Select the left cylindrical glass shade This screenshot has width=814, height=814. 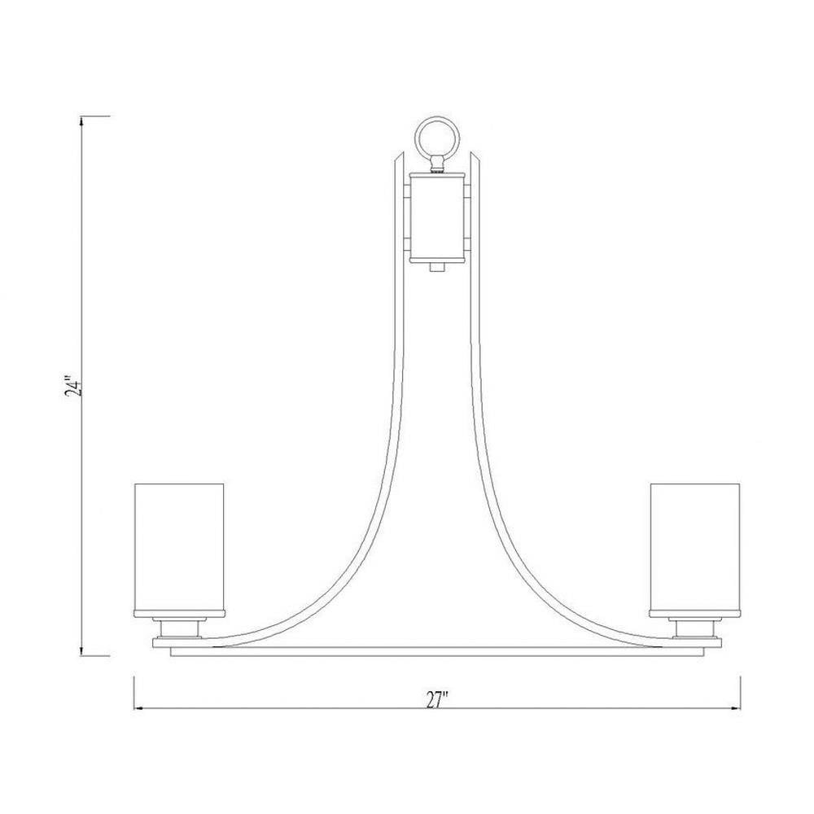pos(179,549)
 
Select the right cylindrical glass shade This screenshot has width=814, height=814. pos(695,549)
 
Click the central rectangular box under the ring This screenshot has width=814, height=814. pos(437,218)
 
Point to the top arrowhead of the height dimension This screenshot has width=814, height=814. pos(81,121)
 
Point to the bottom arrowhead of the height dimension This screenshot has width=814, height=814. pos(81,650)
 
